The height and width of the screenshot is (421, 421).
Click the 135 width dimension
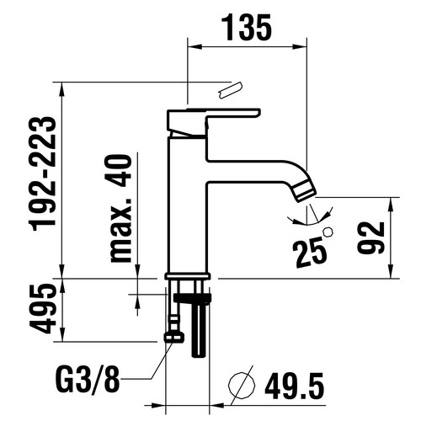click(x=247, y=27)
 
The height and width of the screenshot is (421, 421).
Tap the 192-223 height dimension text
click(x=43, y=173)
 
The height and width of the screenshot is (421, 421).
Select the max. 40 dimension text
click(x=121, y=209)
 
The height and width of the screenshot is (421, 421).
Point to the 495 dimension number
click(x=42, y=309)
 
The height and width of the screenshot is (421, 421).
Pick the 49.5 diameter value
click(x=294, y=386)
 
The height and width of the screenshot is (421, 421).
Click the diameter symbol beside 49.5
click(x=242, y=386)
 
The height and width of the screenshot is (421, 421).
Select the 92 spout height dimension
click(x=370, y=238)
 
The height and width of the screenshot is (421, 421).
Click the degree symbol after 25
click(x=328, y=232)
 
